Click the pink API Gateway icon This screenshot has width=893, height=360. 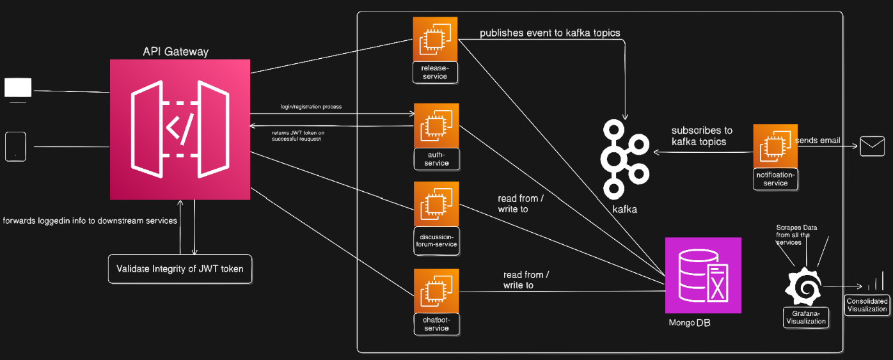coord(180,130)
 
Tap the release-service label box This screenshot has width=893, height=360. coord(435,72)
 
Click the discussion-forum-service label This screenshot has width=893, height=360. coord(436,239)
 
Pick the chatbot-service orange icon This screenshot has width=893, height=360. coord(436,291)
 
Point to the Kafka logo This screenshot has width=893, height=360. coord(623,158)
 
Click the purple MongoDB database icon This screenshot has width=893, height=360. coord(703,275)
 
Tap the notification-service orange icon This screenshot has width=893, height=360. coord(775,146)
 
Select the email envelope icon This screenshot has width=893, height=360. coord(872,146)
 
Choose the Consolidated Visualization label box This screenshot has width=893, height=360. coord(867,305)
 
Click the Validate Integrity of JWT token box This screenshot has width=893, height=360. coord(180,269)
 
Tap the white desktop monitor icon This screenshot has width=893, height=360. coord(18,88)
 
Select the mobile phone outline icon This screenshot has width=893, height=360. coord(16,146)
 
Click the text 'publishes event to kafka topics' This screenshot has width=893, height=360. coord(549,33)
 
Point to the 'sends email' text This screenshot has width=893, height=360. coord(818,141)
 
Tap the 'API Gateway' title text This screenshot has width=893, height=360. coord(175,52)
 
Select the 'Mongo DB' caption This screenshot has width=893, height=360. coord(689,323)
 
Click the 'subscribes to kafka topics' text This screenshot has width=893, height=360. coord(702,136)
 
